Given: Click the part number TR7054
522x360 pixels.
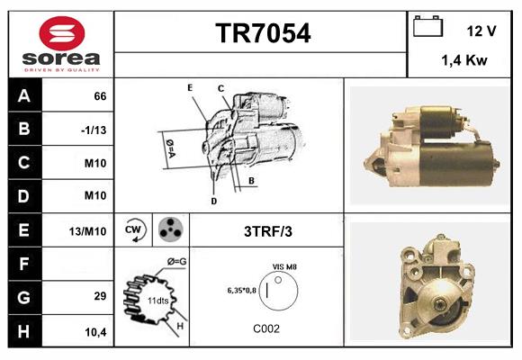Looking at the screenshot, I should pos(263,34).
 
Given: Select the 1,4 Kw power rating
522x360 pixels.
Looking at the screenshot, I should pos(464,60).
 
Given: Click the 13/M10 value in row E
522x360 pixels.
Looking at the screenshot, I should pos(88,231).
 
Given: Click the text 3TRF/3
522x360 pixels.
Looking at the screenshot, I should pos(267,230).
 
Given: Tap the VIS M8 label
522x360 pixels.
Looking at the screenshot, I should pos(284,266).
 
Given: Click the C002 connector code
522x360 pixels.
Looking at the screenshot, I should pos(267,328).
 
